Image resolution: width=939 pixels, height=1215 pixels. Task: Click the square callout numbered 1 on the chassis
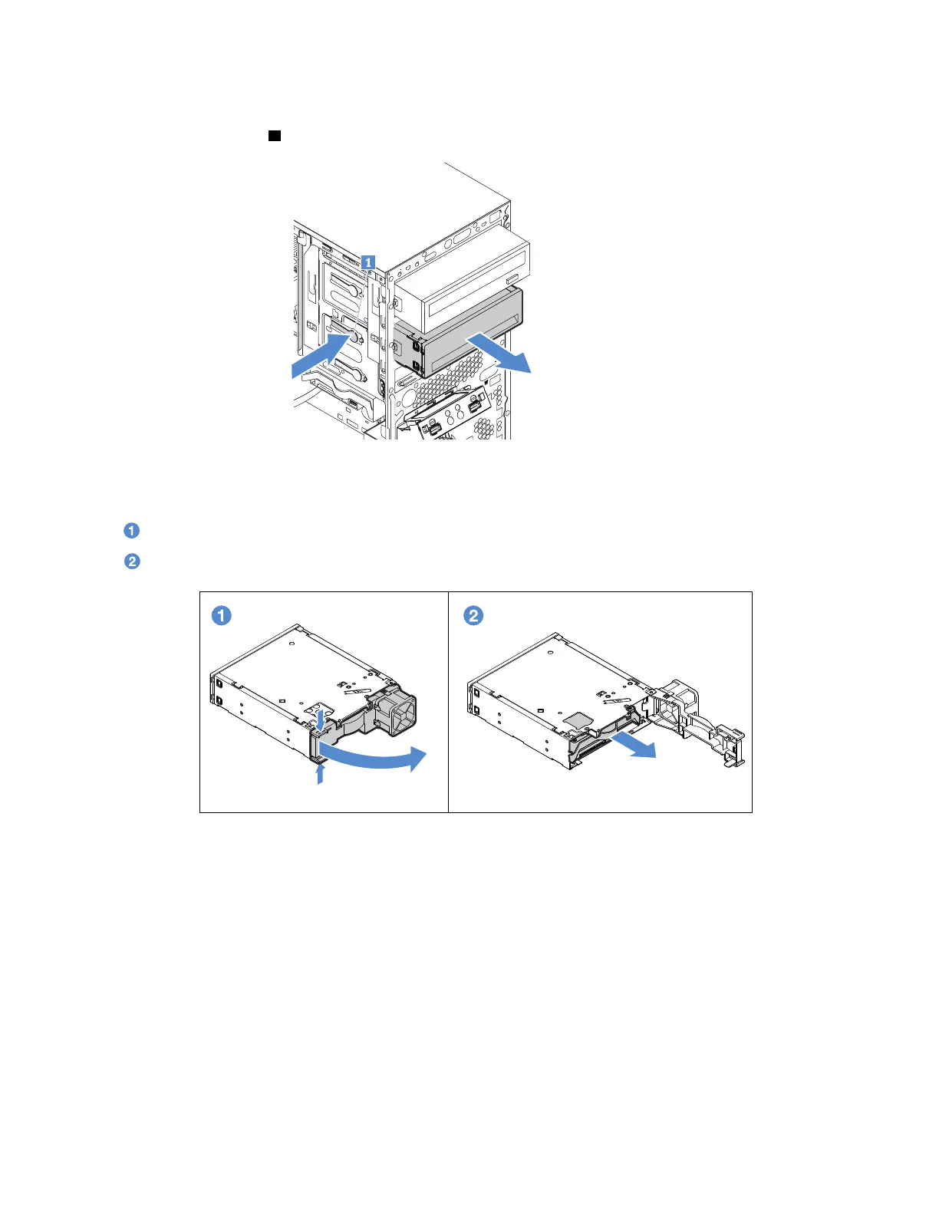pos(369,262)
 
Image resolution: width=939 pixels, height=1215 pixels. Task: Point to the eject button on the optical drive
pos(513,277)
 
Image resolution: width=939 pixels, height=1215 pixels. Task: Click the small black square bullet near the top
pos(274,136)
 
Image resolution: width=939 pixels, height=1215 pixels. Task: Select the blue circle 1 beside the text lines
pos(132,531)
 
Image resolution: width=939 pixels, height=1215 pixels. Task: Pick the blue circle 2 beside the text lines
pos(132,561)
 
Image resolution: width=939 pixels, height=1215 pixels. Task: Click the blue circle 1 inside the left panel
pos(222,615)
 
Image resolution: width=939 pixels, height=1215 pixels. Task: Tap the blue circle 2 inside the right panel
pos(474,615)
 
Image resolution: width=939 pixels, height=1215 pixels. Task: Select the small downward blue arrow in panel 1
pos(321,716)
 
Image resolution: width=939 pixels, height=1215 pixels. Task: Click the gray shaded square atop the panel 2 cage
pos(578,717)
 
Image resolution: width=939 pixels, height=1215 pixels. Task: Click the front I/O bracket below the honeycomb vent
pos(453,415)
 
